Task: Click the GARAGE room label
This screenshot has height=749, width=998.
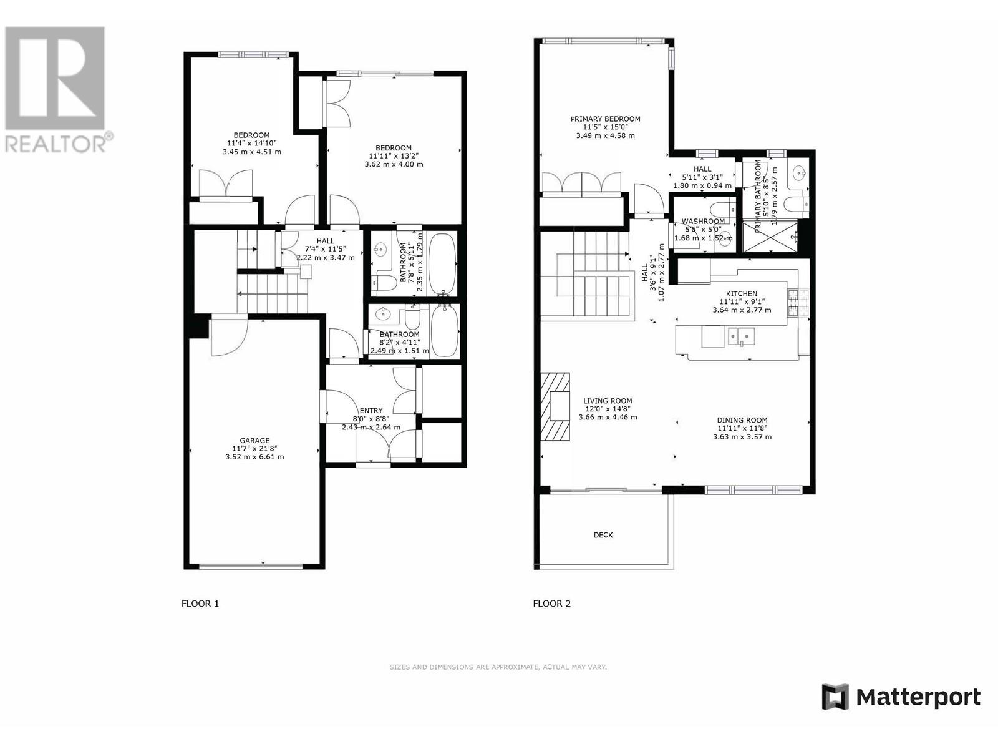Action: tap(255, 440)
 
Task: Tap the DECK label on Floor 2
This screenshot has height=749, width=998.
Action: tap(603, 535)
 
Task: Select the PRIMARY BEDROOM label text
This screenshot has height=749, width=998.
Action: tap(605, 119)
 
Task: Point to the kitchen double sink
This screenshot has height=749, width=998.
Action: tap(740, 337)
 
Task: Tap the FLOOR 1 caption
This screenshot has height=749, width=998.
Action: tap(200, 604)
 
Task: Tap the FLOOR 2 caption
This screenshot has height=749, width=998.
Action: tap(551, 604)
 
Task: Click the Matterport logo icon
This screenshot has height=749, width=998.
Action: tap(835, 697)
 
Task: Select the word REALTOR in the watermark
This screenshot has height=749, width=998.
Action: tap(55, 143)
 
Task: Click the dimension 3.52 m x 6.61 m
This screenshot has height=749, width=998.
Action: tap(255, 457)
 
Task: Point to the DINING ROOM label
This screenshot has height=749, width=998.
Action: tap(742, 420)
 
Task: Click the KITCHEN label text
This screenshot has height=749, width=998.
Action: tap(742, 293)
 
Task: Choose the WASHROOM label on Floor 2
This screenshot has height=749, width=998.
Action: tap(703, 221)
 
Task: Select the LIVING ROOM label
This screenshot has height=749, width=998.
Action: tap(608, 401)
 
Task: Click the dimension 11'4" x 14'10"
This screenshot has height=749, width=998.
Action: tap(251, 144)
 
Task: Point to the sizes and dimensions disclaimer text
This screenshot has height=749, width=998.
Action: tap(498, 667)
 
